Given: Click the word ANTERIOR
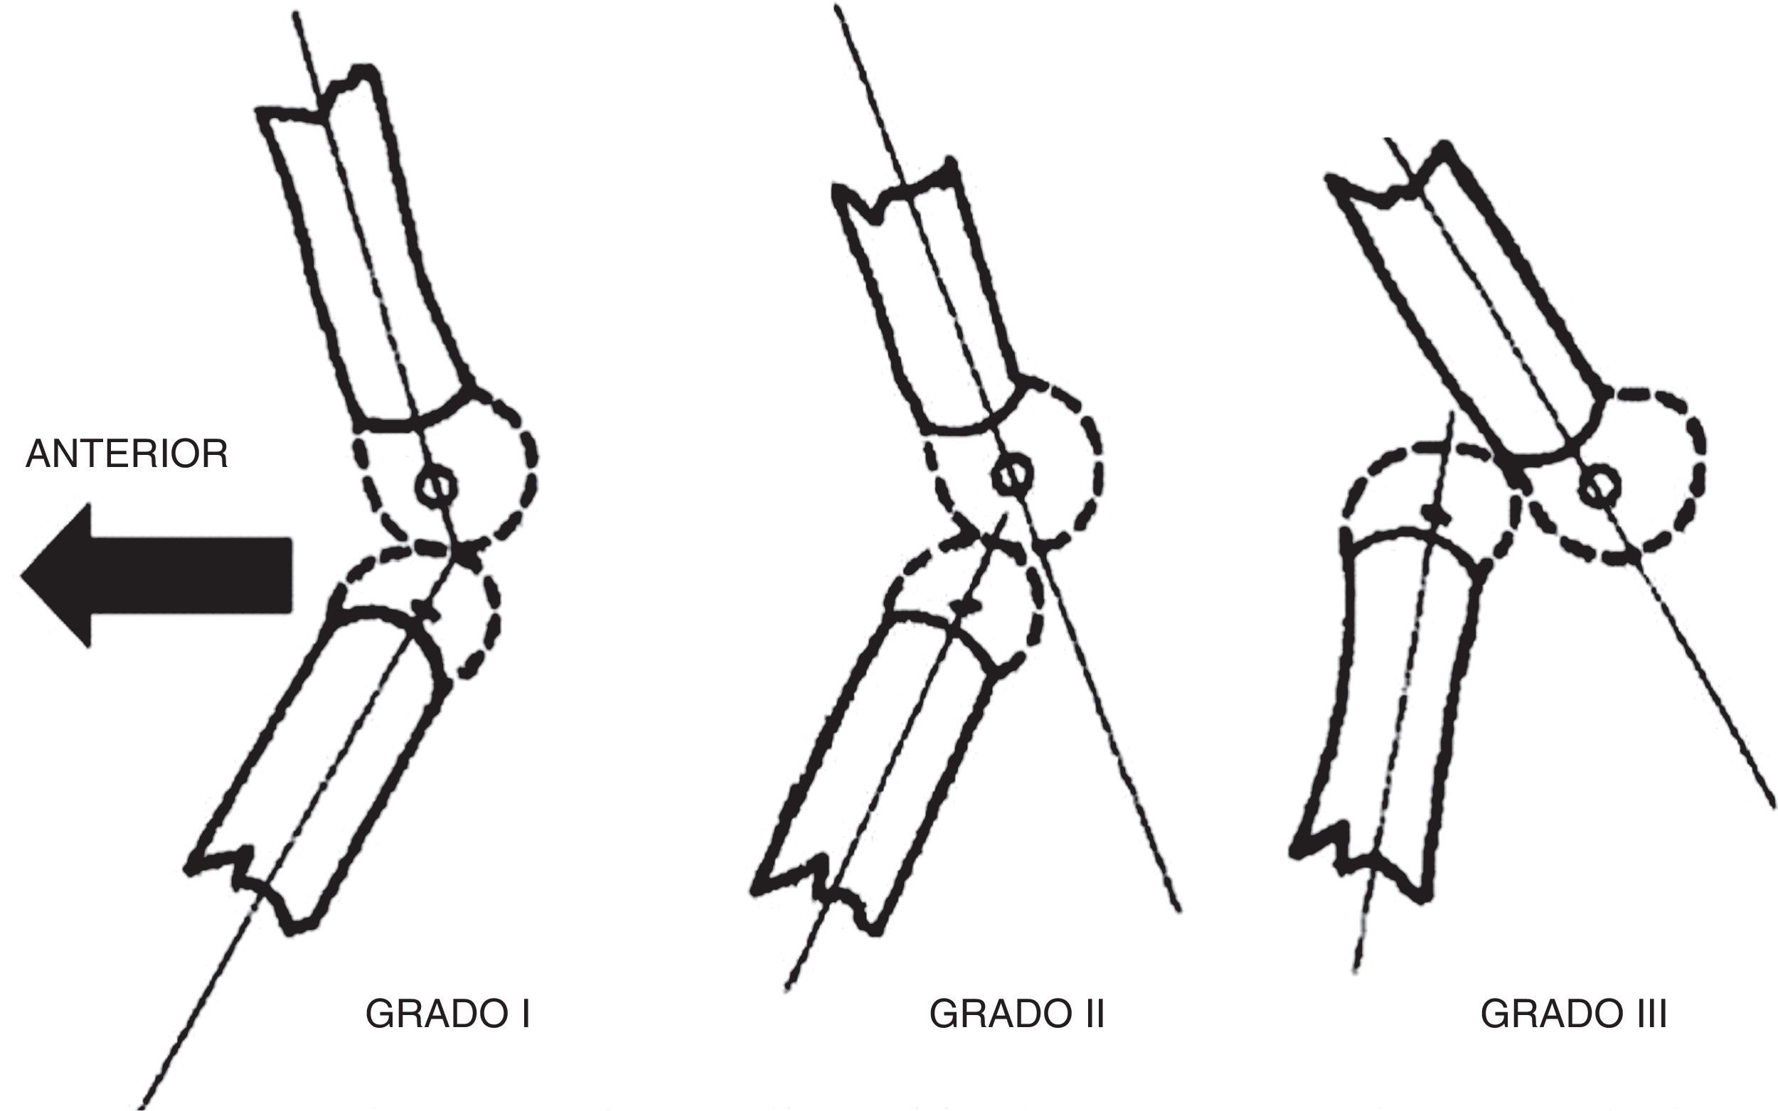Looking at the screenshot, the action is click(127, 454).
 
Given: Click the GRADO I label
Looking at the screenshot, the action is click(447, 1014).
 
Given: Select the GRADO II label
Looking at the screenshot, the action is click(1016, 1014).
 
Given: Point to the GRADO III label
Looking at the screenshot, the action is click(1574, 1014).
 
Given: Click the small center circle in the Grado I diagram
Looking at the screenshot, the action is click(437, 485).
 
